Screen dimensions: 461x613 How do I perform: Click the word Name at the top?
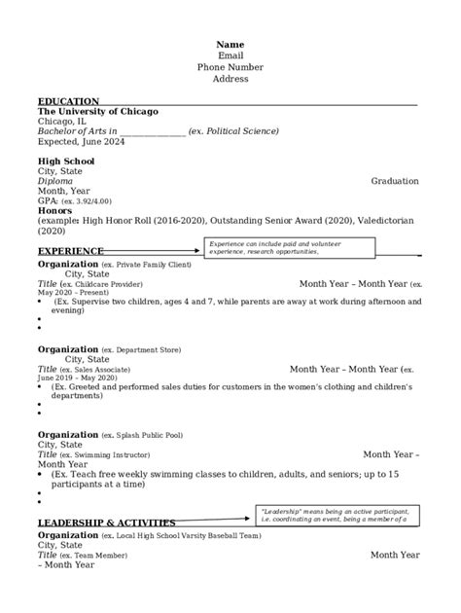[x=230, y=45]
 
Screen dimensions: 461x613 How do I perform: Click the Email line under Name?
[x=230, y=56]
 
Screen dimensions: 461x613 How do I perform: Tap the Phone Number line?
[x=230, y=67]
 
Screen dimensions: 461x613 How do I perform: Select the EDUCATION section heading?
[x=68, y=101]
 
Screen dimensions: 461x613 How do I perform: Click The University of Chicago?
[x=97, y=111]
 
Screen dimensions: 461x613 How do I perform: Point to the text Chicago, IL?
[x=61, y=122]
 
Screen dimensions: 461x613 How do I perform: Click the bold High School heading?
[x=66, y=161]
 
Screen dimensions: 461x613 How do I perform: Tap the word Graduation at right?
[x=395, y=181]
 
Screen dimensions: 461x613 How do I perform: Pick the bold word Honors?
[x=54, y=211]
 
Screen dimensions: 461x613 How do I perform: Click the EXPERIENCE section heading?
[x=71, y=251]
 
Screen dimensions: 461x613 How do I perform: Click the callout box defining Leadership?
[x=336, y=516]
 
